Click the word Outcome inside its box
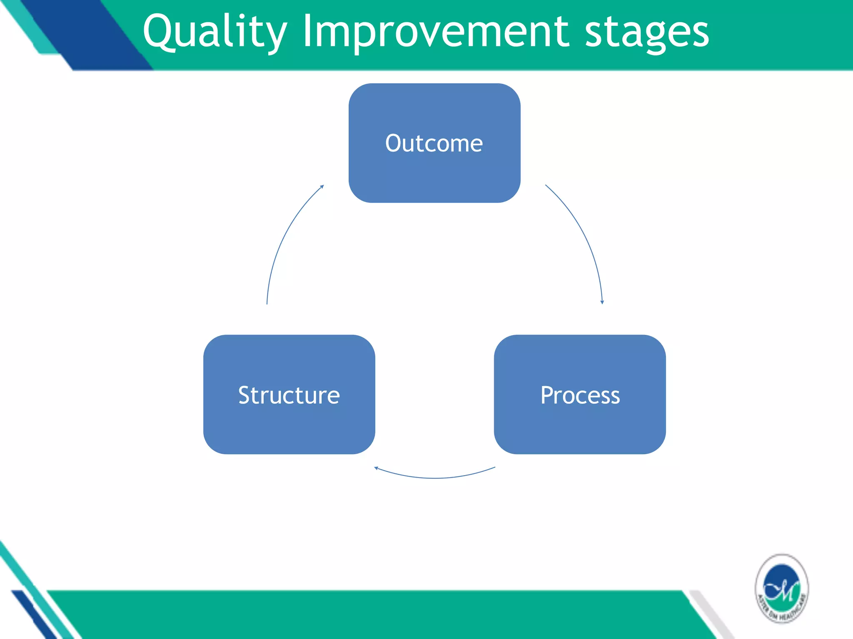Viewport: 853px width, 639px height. pos(434,144)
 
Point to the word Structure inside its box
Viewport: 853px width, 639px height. pos(289,395)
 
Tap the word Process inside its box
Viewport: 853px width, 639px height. pos(580,395)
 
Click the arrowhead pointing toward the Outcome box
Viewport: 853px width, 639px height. pos(322,187)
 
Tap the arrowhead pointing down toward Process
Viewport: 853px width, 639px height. pos(602,302)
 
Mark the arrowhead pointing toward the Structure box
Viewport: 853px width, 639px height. pos(376,468)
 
